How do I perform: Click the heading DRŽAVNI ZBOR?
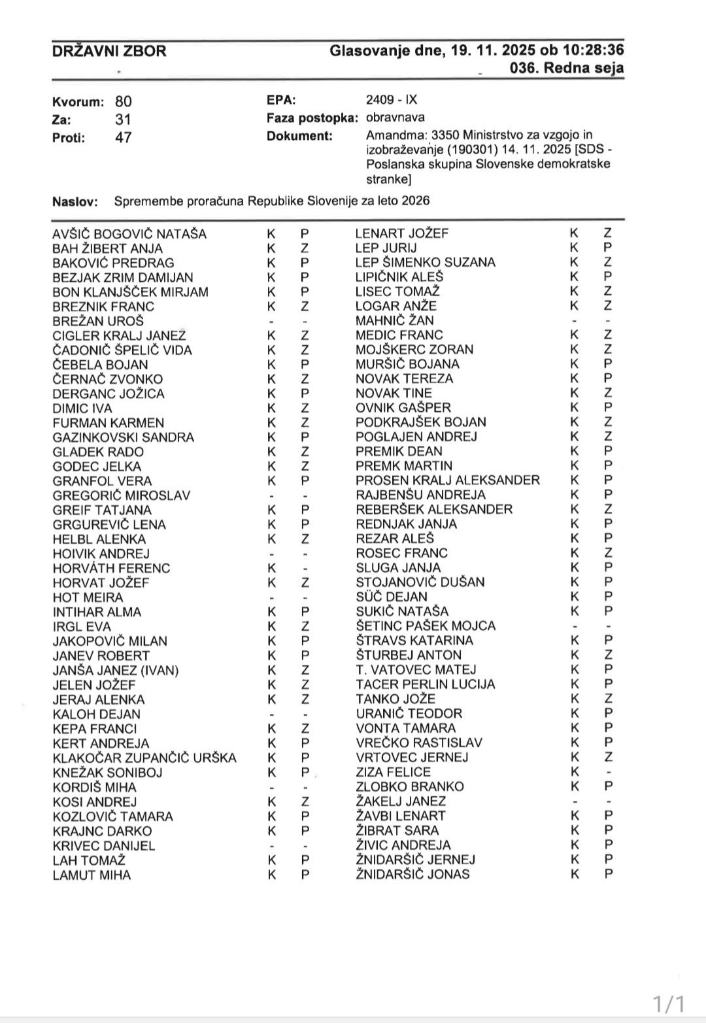[109, 51]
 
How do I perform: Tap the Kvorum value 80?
[123, 101]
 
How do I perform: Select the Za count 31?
[123, 120]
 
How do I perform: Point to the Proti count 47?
[123, 138]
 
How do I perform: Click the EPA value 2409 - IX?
[391, 100]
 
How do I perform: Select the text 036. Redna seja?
[567, 68]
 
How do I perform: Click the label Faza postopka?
[312, 118]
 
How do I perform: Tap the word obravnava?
[395, 118]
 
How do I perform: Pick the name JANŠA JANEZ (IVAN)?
[116, 671]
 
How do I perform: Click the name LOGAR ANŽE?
[396, 306]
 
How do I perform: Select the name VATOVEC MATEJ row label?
[416, 670]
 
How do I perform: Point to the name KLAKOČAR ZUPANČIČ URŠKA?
[144, 758]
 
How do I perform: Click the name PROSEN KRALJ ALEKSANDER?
[448, 480]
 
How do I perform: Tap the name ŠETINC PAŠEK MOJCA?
[426, 626]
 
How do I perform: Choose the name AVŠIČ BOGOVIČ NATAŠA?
[129, 234]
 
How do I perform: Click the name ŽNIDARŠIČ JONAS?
[412, 874]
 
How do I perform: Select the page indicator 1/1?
[669, 1003]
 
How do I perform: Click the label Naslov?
[75, 202]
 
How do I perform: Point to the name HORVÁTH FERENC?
[111, 569]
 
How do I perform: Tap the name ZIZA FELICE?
[394, 773]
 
